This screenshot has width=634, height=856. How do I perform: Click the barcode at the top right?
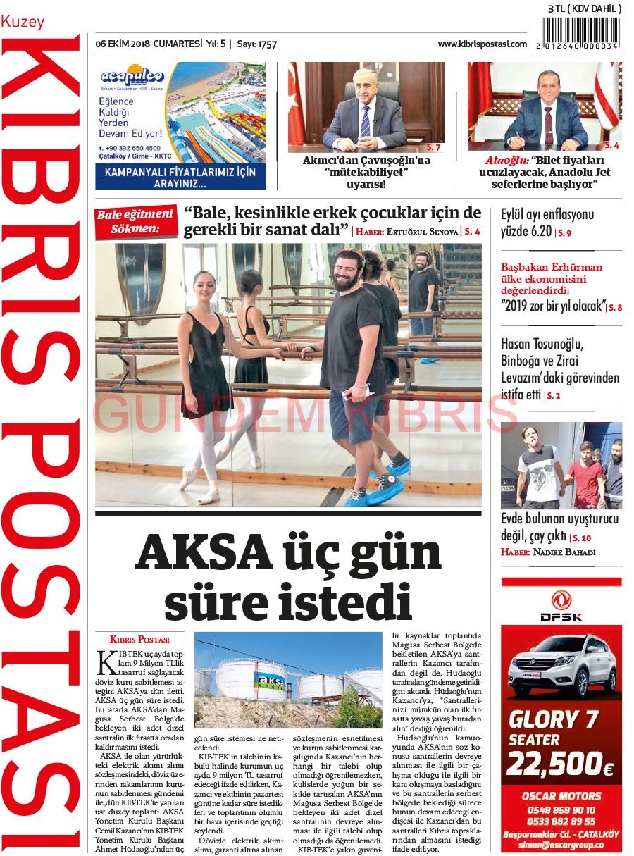pos(582,32)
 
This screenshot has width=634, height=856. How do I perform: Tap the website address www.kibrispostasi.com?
pos(482,44)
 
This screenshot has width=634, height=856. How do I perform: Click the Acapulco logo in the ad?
pos(132,76)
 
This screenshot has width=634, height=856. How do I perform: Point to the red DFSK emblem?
pos(561,600)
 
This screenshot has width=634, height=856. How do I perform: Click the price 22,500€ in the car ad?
pos(559,764)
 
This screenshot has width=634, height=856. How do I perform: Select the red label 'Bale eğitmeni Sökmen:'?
pos(135,221)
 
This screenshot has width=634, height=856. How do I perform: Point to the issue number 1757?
pos(266,44)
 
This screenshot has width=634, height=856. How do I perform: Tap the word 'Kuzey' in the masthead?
pos(23,22)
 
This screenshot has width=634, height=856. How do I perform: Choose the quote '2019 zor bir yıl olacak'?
pos(554,306)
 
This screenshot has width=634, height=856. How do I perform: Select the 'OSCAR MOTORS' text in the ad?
pos(561,796)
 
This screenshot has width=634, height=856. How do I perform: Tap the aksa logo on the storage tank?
pos(271,681)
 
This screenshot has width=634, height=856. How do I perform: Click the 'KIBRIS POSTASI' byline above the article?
pos(139,640)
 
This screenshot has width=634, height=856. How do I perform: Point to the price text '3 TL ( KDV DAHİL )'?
pos(584,8)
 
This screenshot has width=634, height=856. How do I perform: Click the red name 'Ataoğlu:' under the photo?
pos(506,160)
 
